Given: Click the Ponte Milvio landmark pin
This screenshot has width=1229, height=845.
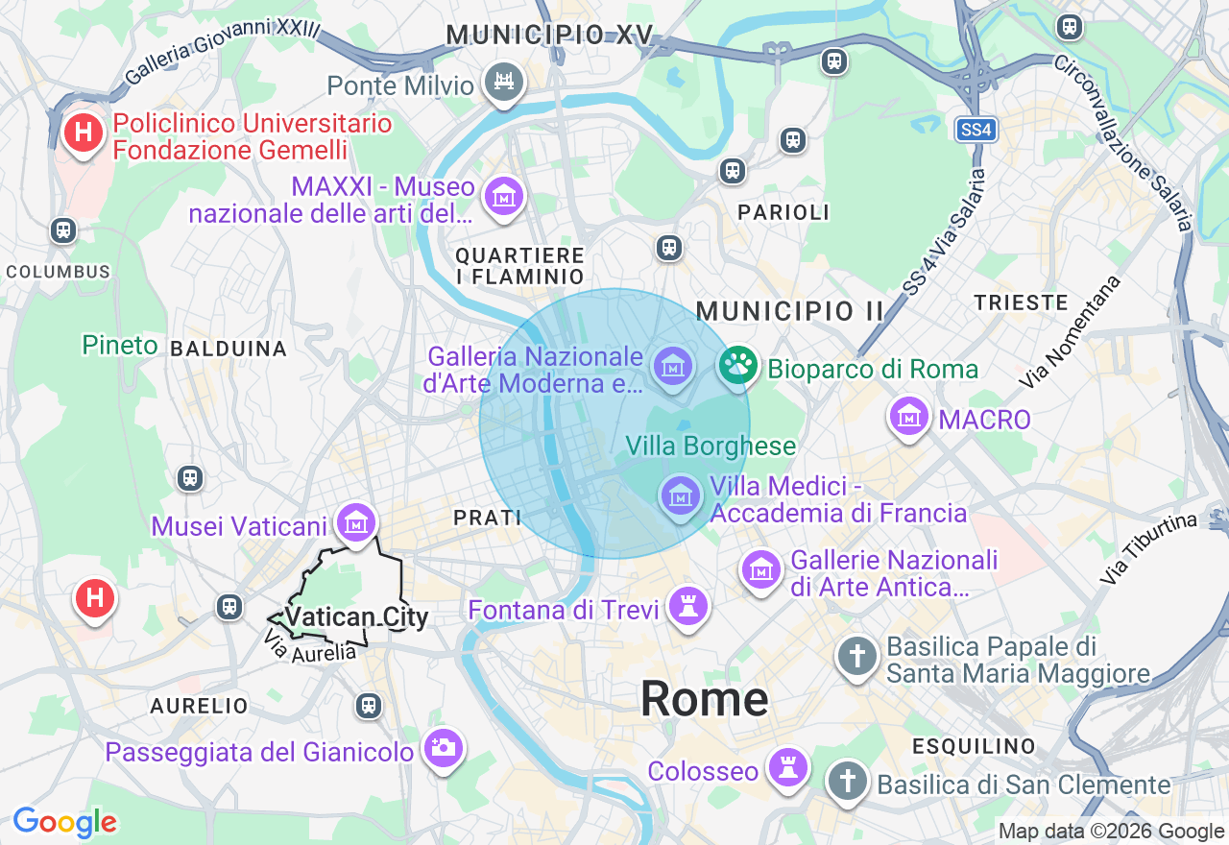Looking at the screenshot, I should tap(504, 83).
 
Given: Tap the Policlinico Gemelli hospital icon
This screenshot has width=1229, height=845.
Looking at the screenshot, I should tap(84, 133).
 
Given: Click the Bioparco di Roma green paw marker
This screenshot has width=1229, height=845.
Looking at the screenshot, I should tap(737, 365).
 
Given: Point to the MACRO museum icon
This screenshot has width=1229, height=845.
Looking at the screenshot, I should tap(908, 417).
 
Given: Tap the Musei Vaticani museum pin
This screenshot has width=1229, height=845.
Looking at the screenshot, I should tap(356, 523).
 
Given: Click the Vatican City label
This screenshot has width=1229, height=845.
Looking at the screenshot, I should tap(357, 617).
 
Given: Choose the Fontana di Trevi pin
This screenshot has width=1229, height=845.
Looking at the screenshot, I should tap(688, 606).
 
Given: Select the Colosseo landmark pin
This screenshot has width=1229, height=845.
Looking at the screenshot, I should tap(788, 767).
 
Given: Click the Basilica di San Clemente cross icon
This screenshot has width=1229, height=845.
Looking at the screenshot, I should tap(847, 780).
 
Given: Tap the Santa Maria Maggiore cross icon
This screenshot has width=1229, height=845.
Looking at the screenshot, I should tap(856, 658).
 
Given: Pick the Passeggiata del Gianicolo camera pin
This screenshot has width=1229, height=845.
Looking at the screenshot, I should tap(444, 747).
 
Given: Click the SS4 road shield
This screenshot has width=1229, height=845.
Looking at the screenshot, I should tap(976, 130).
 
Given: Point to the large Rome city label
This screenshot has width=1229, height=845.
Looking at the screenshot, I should tap(704, 698).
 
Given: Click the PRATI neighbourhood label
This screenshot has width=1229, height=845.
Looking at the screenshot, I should tap(487, 518).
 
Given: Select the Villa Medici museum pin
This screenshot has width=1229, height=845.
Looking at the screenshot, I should tap(681, 496).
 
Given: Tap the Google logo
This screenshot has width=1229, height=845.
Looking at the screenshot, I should tap(64, 822).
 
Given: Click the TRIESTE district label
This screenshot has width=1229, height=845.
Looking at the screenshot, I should tap(1021, 302).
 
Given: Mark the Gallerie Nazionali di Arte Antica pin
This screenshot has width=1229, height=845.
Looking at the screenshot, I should tap(761, 569).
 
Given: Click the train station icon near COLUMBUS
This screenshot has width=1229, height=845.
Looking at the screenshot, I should tap(63, 230).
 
